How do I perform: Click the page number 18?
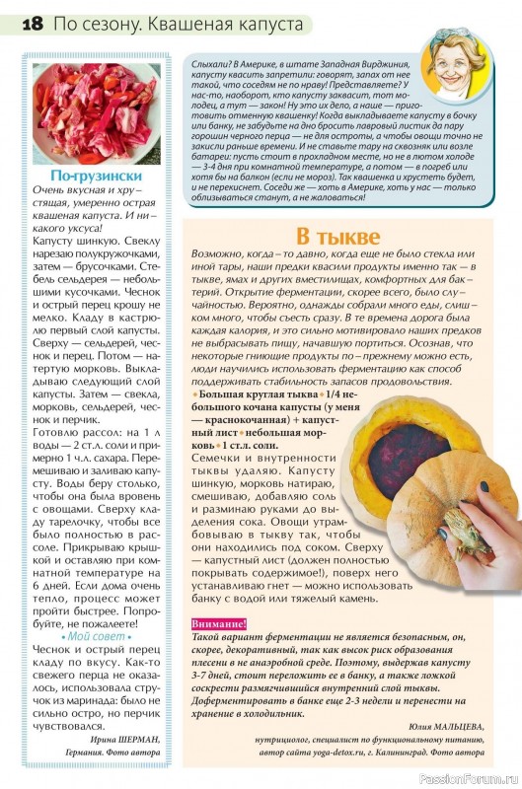click(28, 21)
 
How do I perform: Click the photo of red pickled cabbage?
click(96, 112)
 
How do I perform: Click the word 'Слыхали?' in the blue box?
click(207, 61)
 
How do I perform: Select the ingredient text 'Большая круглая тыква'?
click(254, 393)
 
